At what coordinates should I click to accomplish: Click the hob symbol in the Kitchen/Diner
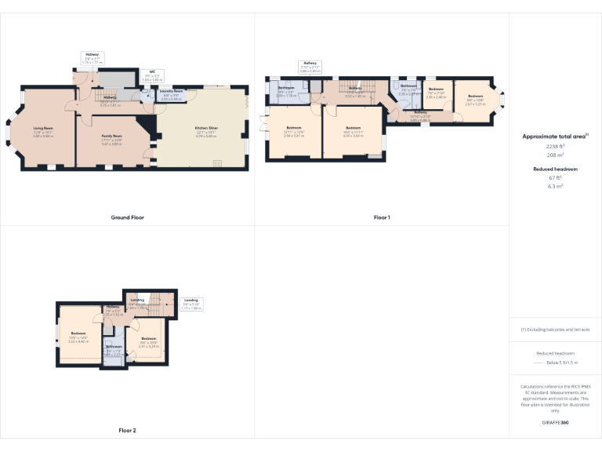tap(217, 162)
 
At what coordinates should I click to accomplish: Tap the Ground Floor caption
tap(127, 217)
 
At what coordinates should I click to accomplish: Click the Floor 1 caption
tap(382, 217)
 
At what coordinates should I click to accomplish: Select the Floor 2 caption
tap(127, 430)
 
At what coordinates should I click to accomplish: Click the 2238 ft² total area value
tap(555, 146)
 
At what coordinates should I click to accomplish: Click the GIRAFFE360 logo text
tap(555, 422)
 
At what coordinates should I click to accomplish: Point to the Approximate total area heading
tap(555, 136)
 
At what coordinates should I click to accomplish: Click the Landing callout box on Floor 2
tap(191, 304)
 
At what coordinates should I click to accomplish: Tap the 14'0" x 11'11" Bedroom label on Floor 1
tap(354, 129)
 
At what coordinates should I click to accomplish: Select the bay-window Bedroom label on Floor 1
tap(476, 101)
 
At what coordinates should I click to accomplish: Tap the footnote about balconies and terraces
tap(555, 330)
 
